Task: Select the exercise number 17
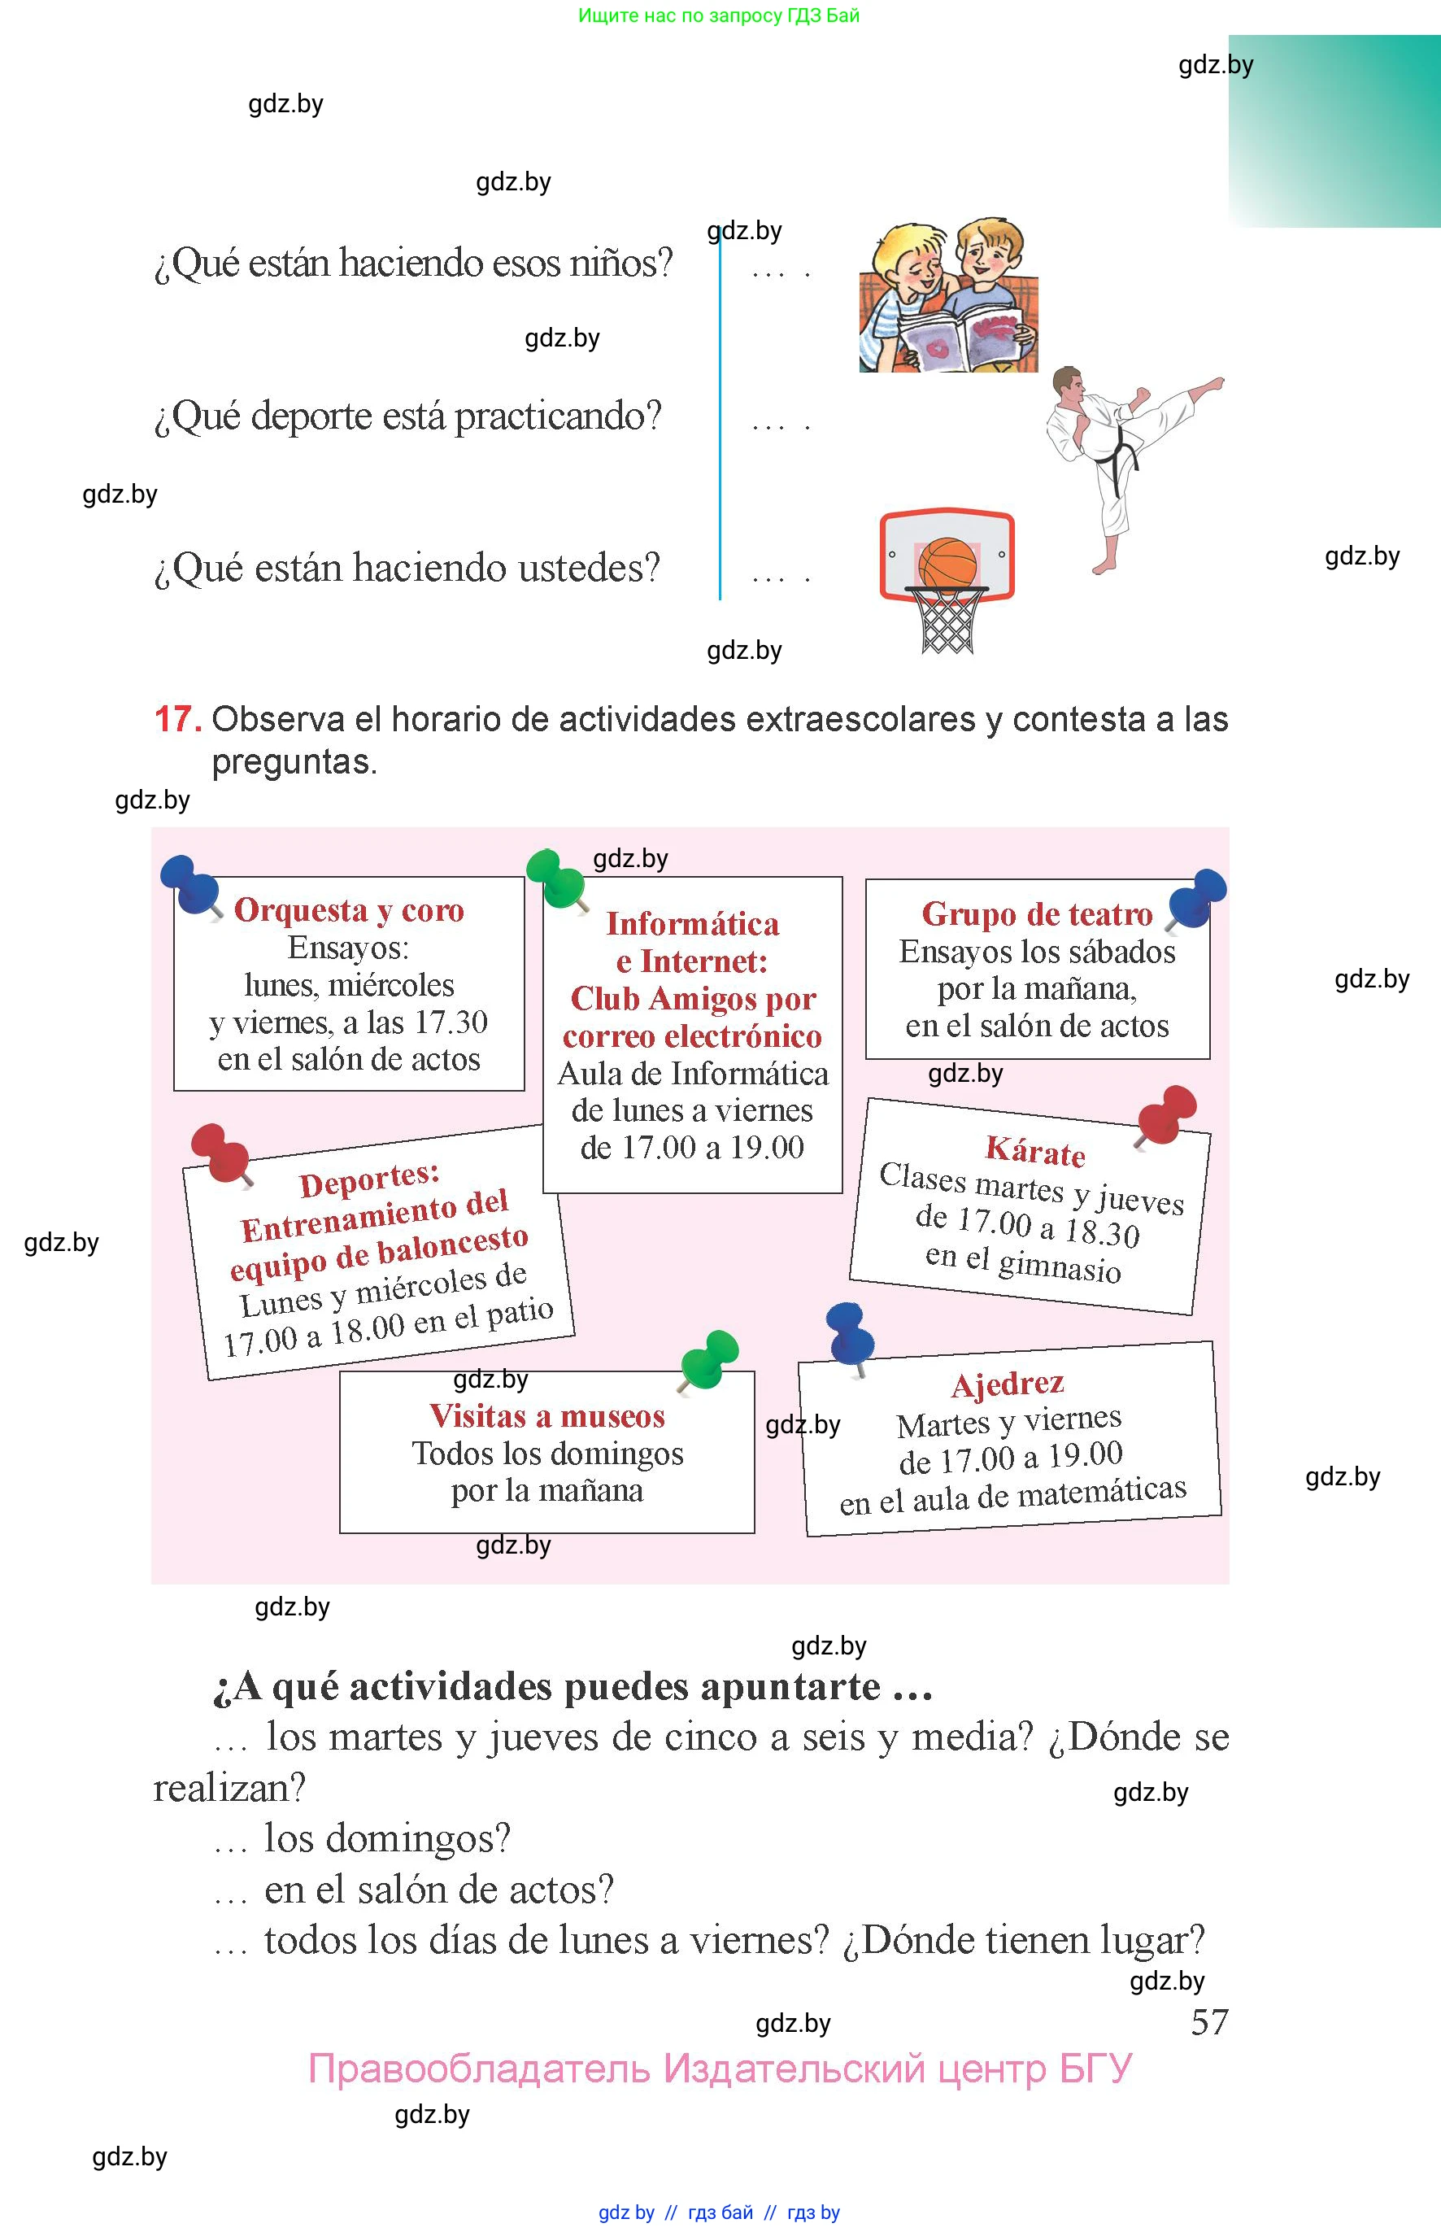pos(176,719)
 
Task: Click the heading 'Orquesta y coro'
pos(349,909)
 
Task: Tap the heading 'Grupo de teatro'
pos(1037,913)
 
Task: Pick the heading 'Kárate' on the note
pos(1035,1151)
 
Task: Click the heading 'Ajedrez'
pos(1008,1383)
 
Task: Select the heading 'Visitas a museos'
pos(547,1416)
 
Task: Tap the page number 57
pos(1209,2022)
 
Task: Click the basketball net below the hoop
pos(947,621)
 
